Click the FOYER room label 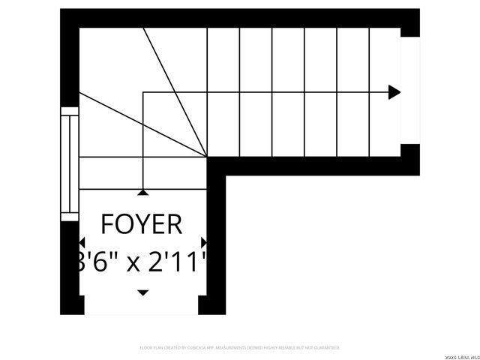pyautogui.click(x=142, y=224)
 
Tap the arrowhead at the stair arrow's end pyautogui.click(x=394, y=93)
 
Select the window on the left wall pyautogui.click(x=70, y=163)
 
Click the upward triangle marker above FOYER pyautogui.click(x=142, y=193)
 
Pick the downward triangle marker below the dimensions pyautogui.click(x=142, y=292)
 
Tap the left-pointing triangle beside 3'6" pyautogui.click(x=82, y=243)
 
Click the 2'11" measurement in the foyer pyautogui.click(x=177, y=262)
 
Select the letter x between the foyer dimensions pyautogui.click(x=132, y=264)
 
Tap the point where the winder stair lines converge pyautogui.click(x=207, y=157)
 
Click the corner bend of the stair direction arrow pyautogui.click(x=142, y=93)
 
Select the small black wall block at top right pyautogui.click(x=409, y=22)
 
